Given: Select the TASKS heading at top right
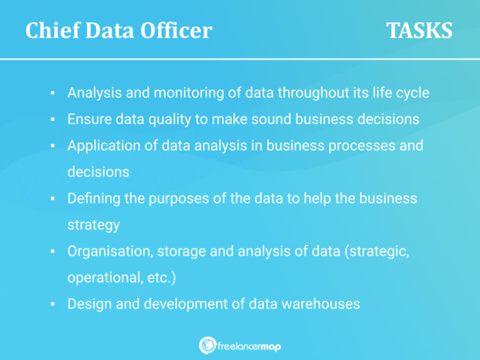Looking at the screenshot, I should (x=419, y=31).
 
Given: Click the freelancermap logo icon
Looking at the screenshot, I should (x=207, y=345).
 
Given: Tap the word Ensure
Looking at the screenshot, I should (x=89, y=118).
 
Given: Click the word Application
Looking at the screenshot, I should (x=104, y=145).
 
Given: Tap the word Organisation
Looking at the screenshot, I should (x=108, y=251).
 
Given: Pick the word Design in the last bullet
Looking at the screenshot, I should (x=89, y=304).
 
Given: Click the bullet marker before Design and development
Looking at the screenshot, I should (x=52, y=305).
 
